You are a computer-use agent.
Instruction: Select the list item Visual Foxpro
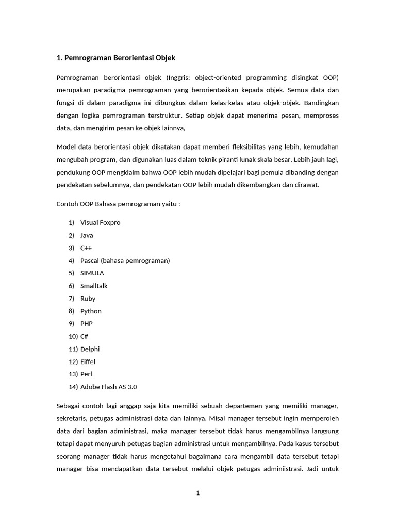(x=100, y=222)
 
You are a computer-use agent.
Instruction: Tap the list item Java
(x=87, y=235)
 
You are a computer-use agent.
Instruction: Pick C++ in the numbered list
(x=86, y=247)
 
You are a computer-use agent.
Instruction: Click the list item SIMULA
(x=92, y=273)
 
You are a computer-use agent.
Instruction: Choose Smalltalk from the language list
(x=94, y=286)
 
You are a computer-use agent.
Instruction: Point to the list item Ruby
(x=88, y=298)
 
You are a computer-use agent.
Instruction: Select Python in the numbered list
(x=91, y=311)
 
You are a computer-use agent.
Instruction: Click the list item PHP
(x=86, y=323)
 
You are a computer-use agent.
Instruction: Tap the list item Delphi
(x=90, y=349)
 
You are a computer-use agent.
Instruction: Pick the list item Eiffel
(x=88, y=361)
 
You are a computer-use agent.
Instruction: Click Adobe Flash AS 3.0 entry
(x=109, y=387)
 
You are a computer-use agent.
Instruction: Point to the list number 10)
(x=73, y=336)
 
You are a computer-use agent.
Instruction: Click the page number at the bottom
(x=197, y=493)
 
